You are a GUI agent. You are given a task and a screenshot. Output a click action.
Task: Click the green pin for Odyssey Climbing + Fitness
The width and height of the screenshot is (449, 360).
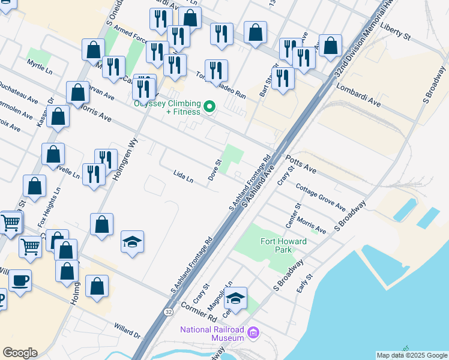209,107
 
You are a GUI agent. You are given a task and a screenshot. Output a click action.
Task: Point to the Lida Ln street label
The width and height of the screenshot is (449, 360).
183,178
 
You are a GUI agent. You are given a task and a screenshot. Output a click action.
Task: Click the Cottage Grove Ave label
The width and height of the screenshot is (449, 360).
321,197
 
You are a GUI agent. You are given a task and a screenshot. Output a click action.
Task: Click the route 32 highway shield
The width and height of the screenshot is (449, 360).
169,312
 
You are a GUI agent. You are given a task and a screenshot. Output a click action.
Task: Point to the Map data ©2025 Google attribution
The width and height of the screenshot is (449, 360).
412,355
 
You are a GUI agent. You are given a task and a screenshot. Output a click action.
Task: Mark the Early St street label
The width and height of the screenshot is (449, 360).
305,283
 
